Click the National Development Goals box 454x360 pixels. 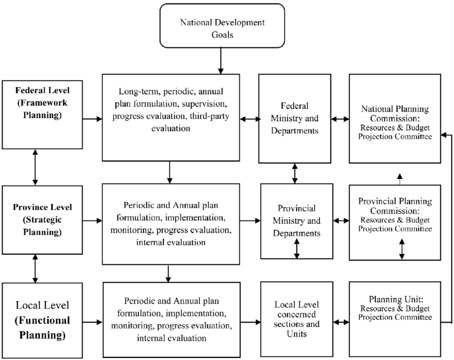tap(222, 26)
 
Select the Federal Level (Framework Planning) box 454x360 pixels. tap(42, 115)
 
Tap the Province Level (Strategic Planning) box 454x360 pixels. tap(42, 220)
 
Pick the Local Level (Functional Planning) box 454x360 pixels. tap(42, 320)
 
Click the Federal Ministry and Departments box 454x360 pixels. tap(295, 119)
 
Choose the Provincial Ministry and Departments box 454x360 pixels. tap(297, 221)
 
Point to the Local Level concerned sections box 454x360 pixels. tap(297, 319)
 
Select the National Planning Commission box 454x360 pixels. tap(395, 119)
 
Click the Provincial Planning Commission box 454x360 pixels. tap(395, 222)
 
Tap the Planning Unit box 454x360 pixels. tap(395, 319)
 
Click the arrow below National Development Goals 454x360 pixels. tap(221, 61)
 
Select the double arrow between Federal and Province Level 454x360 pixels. tap(35, 167)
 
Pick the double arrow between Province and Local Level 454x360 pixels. tap(35, 269)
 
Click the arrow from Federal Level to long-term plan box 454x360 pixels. tap(92, 119)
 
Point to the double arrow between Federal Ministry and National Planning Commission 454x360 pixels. tap(340, 119)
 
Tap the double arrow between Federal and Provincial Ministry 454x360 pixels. tap(295, 173)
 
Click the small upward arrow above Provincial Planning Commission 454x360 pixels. tap(400, 179)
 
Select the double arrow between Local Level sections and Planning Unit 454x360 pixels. tap(341, 322)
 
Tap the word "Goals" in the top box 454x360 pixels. tap(222, 35)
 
